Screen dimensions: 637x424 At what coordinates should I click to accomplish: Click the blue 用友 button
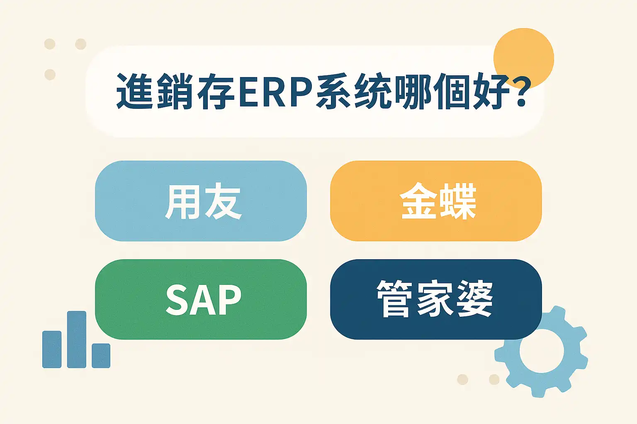coord(201,201)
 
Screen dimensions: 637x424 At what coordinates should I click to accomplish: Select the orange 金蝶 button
coord(436,201)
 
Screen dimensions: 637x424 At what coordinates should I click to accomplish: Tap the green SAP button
coord(201,299)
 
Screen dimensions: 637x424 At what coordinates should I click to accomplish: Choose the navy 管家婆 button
coord(436,299)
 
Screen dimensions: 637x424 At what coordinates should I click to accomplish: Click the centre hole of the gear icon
coord(542,351)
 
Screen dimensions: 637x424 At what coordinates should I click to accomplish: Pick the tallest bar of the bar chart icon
coord(76,340)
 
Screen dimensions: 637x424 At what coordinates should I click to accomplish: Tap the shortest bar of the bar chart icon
coord(101,356)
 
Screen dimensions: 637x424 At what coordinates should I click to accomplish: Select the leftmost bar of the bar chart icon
coord(52,349)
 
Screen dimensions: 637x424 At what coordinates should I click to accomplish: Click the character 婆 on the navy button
coord(474,299)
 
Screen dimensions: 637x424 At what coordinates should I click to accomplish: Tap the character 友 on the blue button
coord(223,201)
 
